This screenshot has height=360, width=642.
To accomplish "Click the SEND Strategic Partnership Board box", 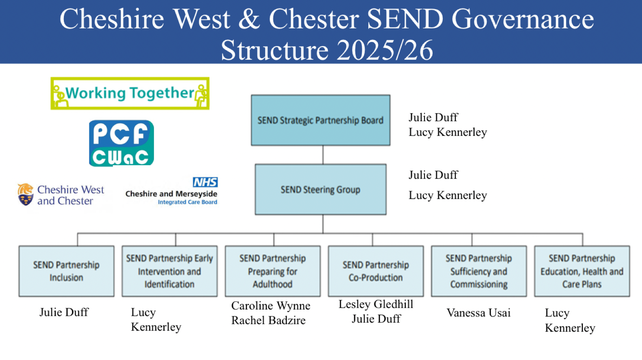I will (x=321, y=120).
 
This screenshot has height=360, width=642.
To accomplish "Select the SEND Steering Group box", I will (x=321, y=189).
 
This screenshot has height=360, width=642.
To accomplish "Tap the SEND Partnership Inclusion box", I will (x=66, y=271).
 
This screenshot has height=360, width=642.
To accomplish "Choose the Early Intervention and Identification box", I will (x=169, y=271).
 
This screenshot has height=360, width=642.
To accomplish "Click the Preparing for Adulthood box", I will (x=272, y=271).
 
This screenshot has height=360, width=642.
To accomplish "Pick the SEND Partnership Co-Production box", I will (x=376, y=271).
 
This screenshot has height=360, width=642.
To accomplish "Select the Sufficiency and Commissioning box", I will (x=479, y=271).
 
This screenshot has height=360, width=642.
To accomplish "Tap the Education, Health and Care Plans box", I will (x=582, y=271).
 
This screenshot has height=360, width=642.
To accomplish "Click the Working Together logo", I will (x=130, y=93).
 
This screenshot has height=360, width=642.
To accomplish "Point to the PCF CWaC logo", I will (x=121, y=143).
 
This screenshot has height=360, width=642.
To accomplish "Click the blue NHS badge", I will (x=205, y=182).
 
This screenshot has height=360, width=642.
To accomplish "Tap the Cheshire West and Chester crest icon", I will (x=25, y=194).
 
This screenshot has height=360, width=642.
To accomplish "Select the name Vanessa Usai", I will (x=479, y=313).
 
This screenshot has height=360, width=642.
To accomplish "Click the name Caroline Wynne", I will (x=271, y=306).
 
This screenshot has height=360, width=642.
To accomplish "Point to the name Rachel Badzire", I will (x=268, y=320).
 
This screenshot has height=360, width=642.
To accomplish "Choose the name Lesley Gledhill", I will (x=376, y=304).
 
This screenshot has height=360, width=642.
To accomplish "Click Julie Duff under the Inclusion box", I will (x=64, y=312).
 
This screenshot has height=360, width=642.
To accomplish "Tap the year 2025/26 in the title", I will (x=384, y=51).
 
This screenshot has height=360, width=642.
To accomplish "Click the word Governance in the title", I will (x=522, y=19).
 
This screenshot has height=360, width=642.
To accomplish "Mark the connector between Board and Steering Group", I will (x=323, y=155).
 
